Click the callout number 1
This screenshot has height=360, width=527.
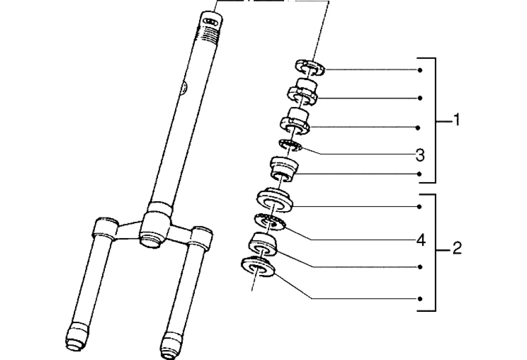pyautogui.click(x=456, y=121)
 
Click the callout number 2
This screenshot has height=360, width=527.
pyautogui.click(x=456, y=248)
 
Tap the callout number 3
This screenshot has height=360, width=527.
pyautogui.click(x=419, y=156)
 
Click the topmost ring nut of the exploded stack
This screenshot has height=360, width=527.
pyautogui.click(x=310, y=67)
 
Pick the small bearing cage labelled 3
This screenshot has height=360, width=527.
pyautogui.click(x=289, y=145)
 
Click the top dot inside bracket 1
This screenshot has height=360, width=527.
pyautogui.click(x=419, y=70)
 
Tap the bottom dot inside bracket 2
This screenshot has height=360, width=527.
pyautogui.click(x=419, y=298)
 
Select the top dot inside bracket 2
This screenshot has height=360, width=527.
pyautogui.click(x=419, y=207)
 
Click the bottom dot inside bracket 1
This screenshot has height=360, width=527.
pyautogui.click(x=419, y=173)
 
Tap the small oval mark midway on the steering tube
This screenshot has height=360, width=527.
pyautogui.click(x=183, y=88)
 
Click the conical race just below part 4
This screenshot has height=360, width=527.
pyautogui.click(x=264, y=243)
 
